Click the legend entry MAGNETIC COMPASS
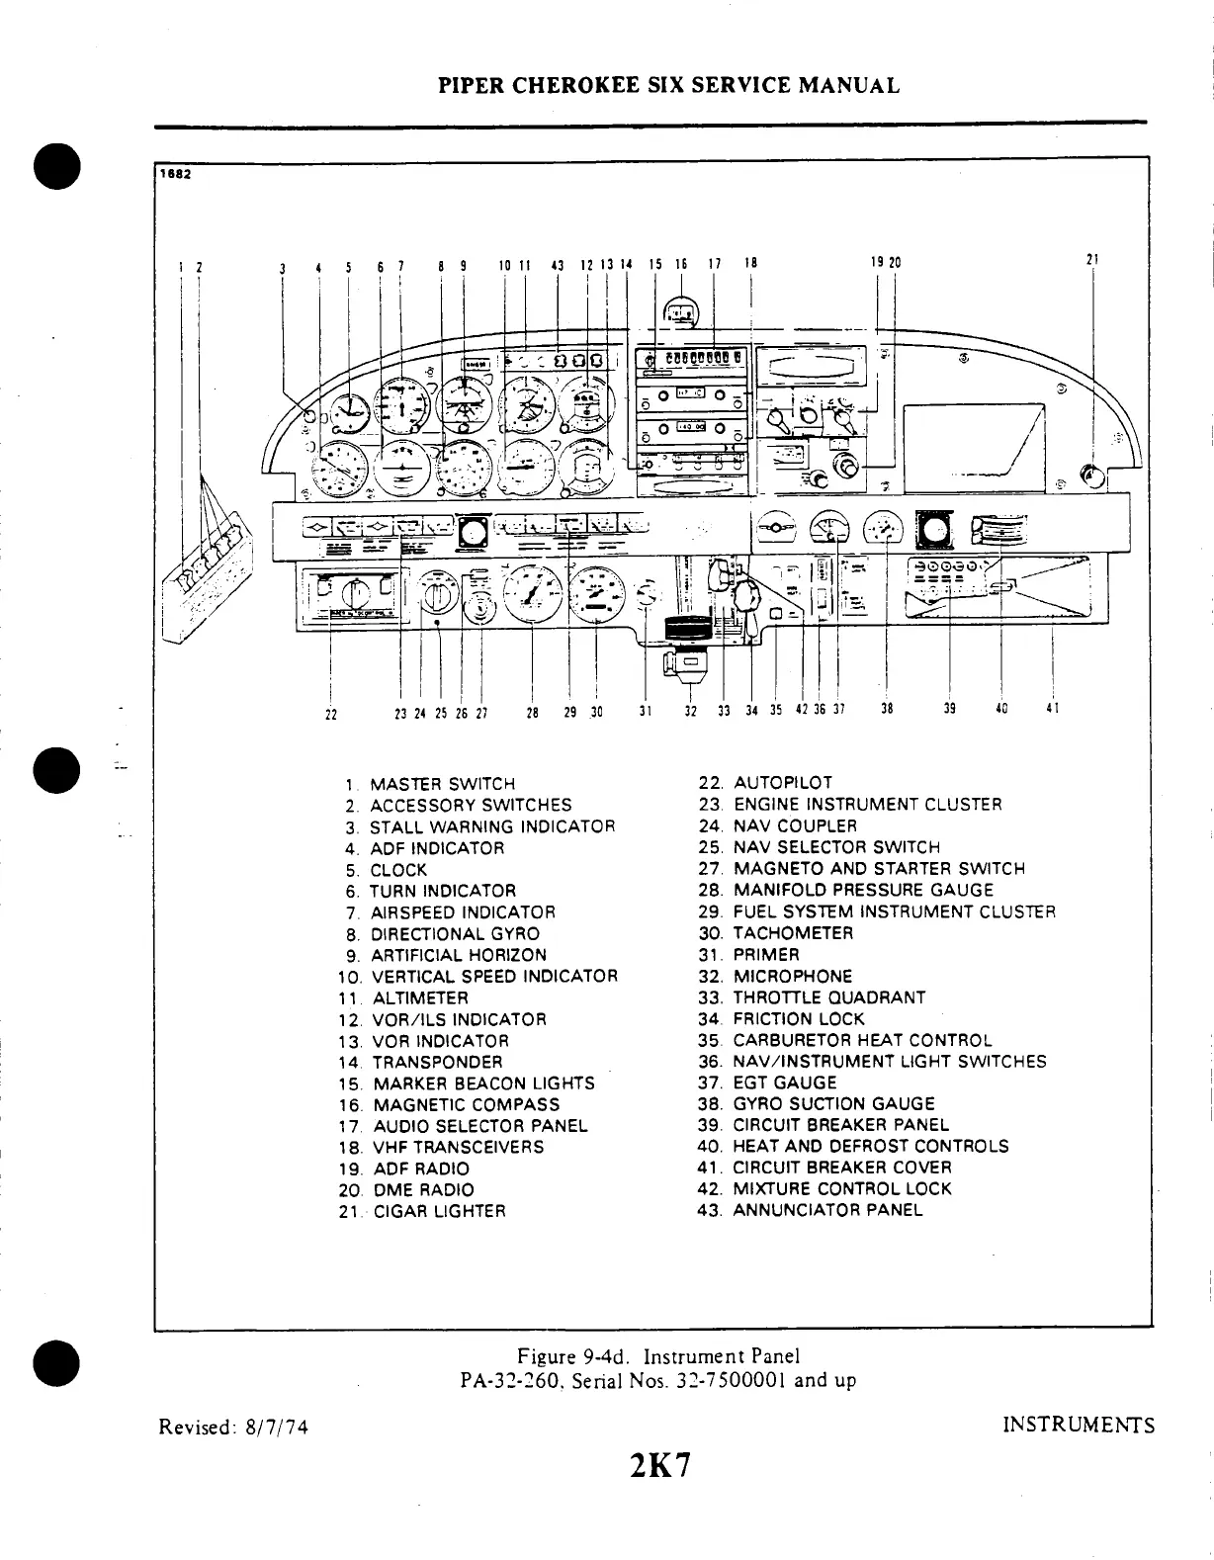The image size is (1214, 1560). click(466, 1105)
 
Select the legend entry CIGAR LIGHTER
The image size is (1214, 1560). click(439, 1212)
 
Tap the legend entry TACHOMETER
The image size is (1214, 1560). click(793, 933)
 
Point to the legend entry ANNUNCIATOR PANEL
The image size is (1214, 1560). click(826, 1210)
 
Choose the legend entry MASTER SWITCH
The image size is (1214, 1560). click(442, 784)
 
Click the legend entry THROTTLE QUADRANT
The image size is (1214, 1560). click(828, 997)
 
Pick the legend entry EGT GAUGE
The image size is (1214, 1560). click(784, 1083)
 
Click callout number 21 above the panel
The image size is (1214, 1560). click(1092, 260)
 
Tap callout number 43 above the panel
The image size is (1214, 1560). click(558, 264)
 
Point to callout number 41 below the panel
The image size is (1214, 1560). click(1052, 709)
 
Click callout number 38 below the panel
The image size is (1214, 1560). click(887, 709)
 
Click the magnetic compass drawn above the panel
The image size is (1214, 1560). click(680, 313)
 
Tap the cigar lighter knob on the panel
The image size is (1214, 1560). click(1091, 477)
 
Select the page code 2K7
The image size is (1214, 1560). click(658, 1465)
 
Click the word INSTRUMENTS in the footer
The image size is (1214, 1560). click(1078, 1426)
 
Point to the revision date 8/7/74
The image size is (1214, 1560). click(275, 1427)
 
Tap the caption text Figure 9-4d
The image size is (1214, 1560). click(568, 1356)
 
